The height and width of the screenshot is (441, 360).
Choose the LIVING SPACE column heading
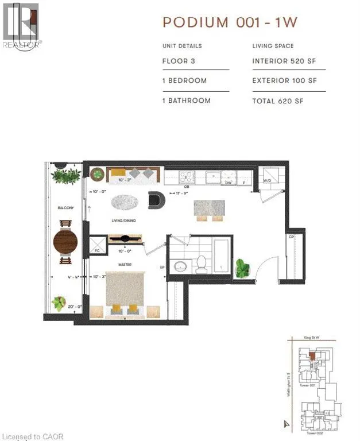tap(274, 46)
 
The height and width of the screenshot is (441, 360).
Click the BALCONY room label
tap(65, 208)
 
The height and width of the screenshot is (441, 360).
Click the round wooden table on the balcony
tap(65, 242)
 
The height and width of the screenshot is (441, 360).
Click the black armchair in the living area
tap(156, 199)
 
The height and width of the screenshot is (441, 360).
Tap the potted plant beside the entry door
tap(243, 268)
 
